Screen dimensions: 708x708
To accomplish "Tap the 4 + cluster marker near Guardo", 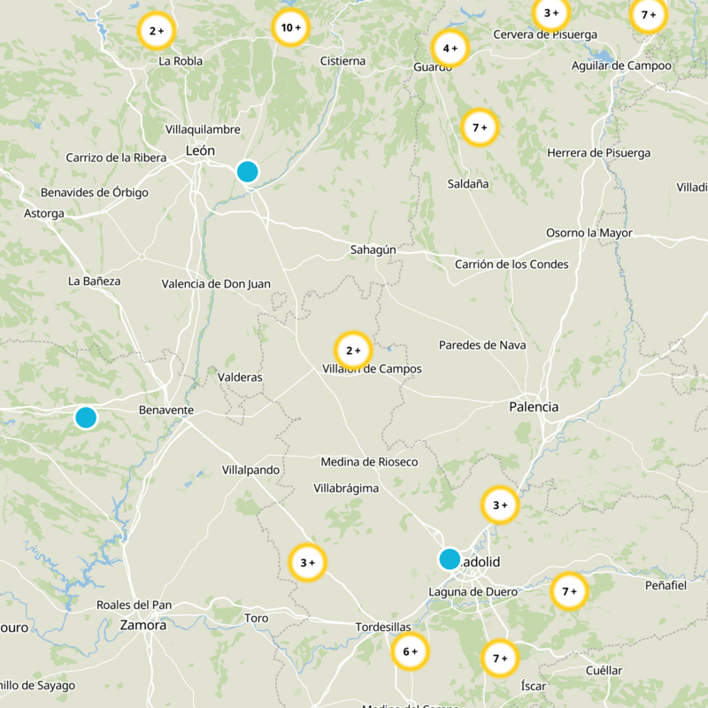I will click(x=450, y=49).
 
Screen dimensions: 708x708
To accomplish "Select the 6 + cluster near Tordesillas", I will click(x=410, y=652).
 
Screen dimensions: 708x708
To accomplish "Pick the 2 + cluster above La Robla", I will click(x=157, y=31).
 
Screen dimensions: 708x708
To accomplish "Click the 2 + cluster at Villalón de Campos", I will click(x=353, y=350).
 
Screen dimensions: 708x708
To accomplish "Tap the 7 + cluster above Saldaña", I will click(x=481, y=127).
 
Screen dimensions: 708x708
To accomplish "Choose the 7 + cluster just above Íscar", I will click(x=500, y=658).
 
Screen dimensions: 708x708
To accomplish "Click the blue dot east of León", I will click(x=248, y=172).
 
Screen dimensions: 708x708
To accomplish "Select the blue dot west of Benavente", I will click(x=86, y=417).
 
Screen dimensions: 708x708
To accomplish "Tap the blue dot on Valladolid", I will click(x=450, y=558).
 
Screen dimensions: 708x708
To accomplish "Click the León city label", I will click(x=200, y=151).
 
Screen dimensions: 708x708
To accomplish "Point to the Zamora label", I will click(x=142, y=625).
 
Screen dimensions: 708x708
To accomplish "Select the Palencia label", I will click(x=534, y=407).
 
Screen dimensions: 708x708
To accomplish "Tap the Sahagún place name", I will click(x=373, y=250).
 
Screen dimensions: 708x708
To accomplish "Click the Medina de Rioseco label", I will click(x=369, y=462).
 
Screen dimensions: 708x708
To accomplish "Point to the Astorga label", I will click(x=44, y=213).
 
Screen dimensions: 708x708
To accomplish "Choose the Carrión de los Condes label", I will click(x=512, y=265).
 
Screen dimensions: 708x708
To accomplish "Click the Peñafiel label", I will click(x=666, y=586).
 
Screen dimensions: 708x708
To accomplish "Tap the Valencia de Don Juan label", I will click(x=216, y=284).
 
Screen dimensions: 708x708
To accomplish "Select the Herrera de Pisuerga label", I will click(x=598, y=153).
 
